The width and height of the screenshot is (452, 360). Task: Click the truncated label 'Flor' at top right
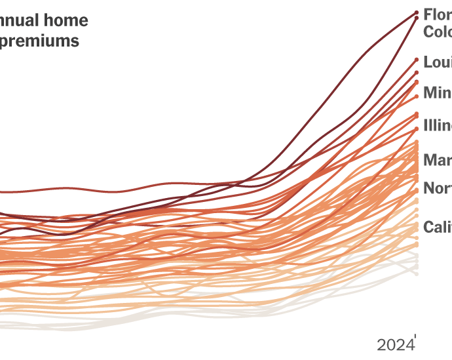pos(437,14)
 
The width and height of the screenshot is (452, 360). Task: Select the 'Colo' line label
pos(437,31)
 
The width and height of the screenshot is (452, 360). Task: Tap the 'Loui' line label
pos(437,62)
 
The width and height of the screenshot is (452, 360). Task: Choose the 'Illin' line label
pos(437,125)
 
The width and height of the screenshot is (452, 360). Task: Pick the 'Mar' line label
pos(437,159)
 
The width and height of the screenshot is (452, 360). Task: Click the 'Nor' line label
pos(437,189)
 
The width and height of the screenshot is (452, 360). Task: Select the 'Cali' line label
pos(437,227)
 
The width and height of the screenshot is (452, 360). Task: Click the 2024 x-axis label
pos(395,345)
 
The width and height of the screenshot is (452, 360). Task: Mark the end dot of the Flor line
pos(416,12)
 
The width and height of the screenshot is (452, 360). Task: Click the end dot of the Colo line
pos(416,18)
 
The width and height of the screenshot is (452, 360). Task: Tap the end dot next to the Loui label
pos(416,60)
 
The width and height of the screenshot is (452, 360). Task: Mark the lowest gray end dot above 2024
pos(416,272)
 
